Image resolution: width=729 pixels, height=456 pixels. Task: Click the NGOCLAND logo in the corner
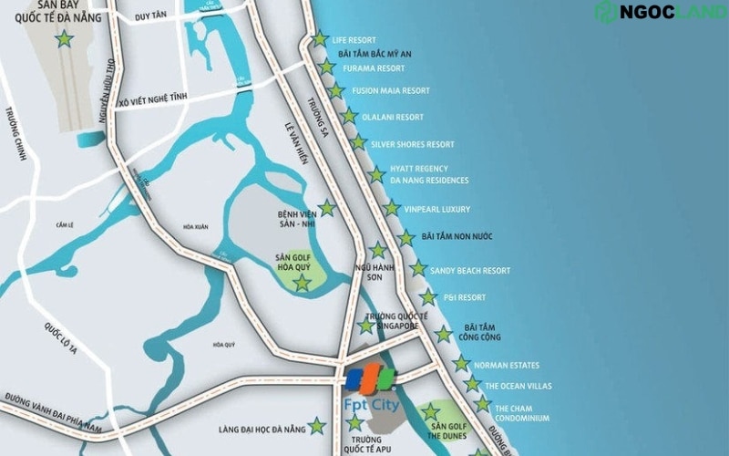pyautogui.click(x=659, y=12)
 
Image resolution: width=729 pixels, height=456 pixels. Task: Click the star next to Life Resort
pyautogui.click(x=320, y=39)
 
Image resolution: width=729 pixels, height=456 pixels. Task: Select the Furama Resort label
pyautogui.click(x=374, y=68)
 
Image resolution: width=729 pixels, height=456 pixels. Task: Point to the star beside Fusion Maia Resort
pyautogui.click(x=336, y=90)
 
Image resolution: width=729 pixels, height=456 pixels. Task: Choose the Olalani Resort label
pyautogui.click(x=393, y=117)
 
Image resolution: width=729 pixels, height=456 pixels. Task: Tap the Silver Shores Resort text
pyautogui.click(x=412, y=144)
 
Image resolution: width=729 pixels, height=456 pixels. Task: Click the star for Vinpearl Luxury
pyautogui.click(x=391, y=209)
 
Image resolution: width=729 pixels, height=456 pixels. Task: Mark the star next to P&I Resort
pyautogui.click(x=427, y=297)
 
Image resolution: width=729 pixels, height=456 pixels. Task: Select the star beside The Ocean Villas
pyautogui.click(x=472, y=384)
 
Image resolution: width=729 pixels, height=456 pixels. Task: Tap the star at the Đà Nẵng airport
pyautogui.click(x=64, y=39)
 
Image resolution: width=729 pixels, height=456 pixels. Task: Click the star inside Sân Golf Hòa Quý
pyautogui.click(x=301, y=283)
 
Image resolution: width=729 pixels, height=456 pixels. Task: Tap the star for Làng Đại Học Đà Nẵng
pyautogui.click(x=316, y=425)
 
